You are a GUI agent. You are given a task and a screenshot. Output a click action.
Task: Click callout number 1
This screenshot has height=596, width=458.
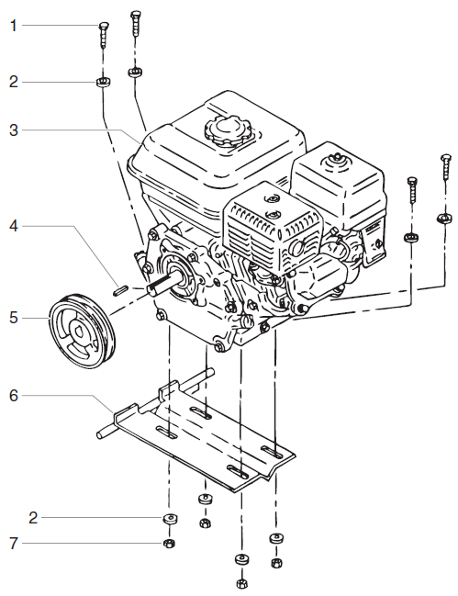pos(14,26)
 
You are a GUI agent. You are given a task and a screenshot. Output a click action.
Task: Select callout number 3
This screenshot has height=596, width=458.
pos(14,131)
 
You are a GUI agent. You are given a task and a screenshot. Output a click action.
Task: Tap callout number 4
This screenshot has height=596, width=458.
pos(14,225)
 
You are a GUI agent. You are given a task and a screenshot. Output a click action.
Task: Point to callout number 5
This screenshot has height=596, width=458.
pos(14,319)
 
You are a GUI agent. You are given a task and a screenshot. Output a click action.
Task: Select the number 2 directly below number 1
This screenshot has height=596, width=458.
pos(14,82)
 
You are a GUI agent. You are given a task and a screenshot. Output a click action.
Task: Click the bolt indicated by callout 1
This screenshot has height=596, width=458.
pos(103,35)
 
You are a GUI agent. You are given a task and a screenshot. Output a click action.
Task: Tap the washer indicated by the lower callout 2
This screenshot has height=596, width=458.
pos(168,519)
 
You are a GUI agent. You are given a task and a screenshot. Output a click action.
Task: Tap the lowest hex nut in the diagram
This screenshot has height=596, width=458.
pos(241,583)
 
